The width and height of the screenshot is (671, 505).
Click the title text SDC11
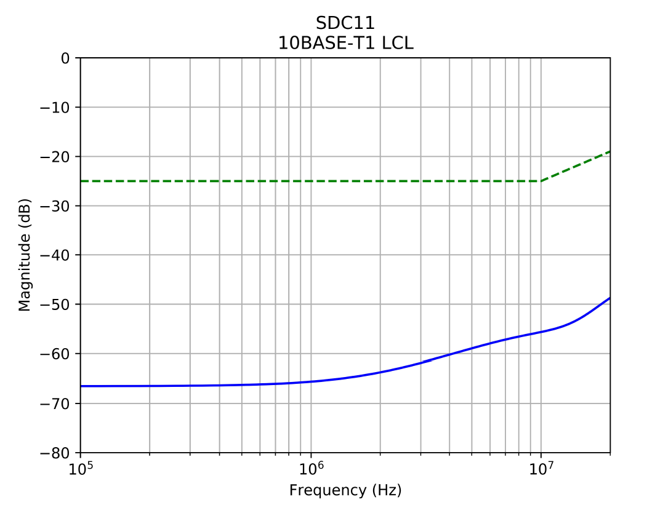345,23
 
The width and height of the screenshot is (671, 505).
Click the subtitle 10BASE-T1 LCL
345,42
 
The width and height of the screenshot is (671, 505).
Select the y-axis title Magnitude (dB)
25,255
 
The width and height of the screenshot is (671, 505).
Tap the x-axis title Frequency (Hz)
345,490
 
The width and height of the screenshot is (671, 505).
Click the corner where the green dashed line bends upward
541,181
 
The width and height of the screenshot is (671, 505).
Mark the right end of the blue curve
610,298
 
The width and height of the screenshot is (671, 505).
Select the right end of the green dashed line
610,151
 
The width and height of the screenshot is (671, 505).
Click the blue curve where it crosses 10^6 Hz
311,381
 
